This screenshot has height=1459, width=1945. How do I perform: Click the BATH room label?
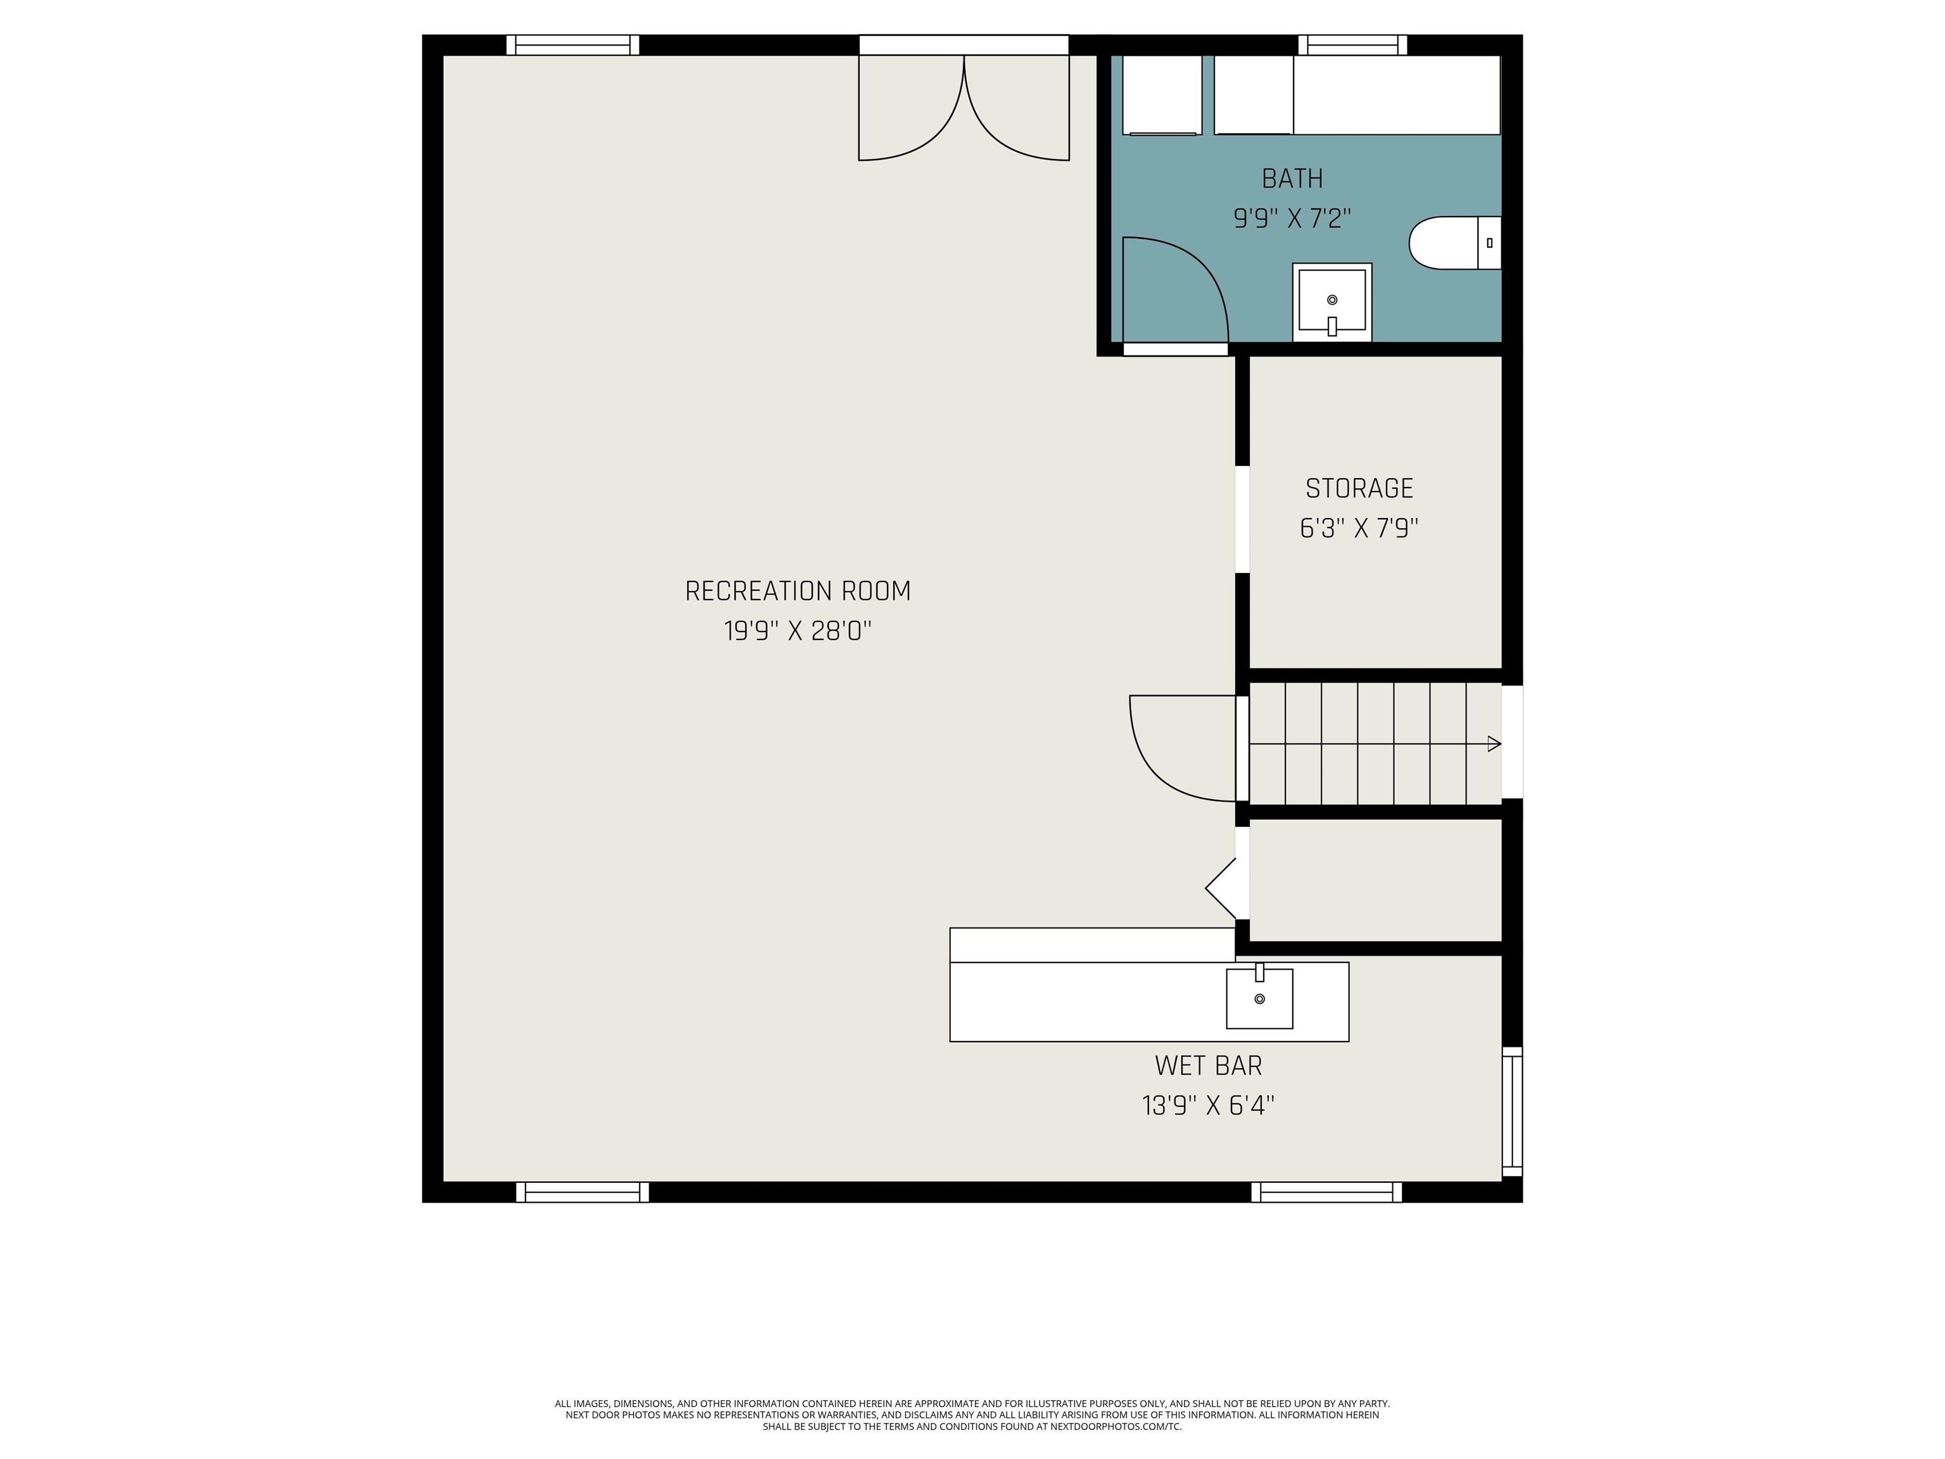(x=1292, y=179)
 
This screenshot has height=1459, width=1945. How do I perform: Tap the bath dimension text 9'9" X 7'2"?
(x=1292, y=218)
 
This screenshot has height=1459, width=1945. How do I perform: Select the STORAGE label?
(x=1359, y=488)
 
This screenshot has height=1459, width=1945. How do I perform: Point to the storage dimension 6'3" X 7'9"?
(x=1359, y=527)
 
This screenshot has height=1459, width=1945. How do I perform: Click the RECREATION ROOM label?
(x=798, y=591)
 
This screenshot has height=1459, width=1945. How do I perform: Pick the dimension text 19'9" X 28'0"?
(x=798, y=631)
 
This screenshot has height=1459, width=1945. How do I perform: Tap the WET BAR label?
(x=1208, y=1066)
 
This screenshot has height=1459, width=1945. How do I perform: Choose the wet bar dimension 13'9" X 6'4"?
(x=1208, y=1106)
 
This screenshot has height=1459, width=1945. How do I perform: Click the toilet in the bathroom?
(x=1455, y=243)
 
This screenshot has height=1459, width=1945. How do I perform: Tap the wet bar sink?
(x=1260, y=997)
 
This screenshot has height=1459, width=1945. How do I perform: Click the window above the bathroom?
(x=1352, y=45)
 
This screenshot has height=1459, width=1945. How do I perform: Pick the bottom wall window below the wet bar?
(x=1327, y=1192)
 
